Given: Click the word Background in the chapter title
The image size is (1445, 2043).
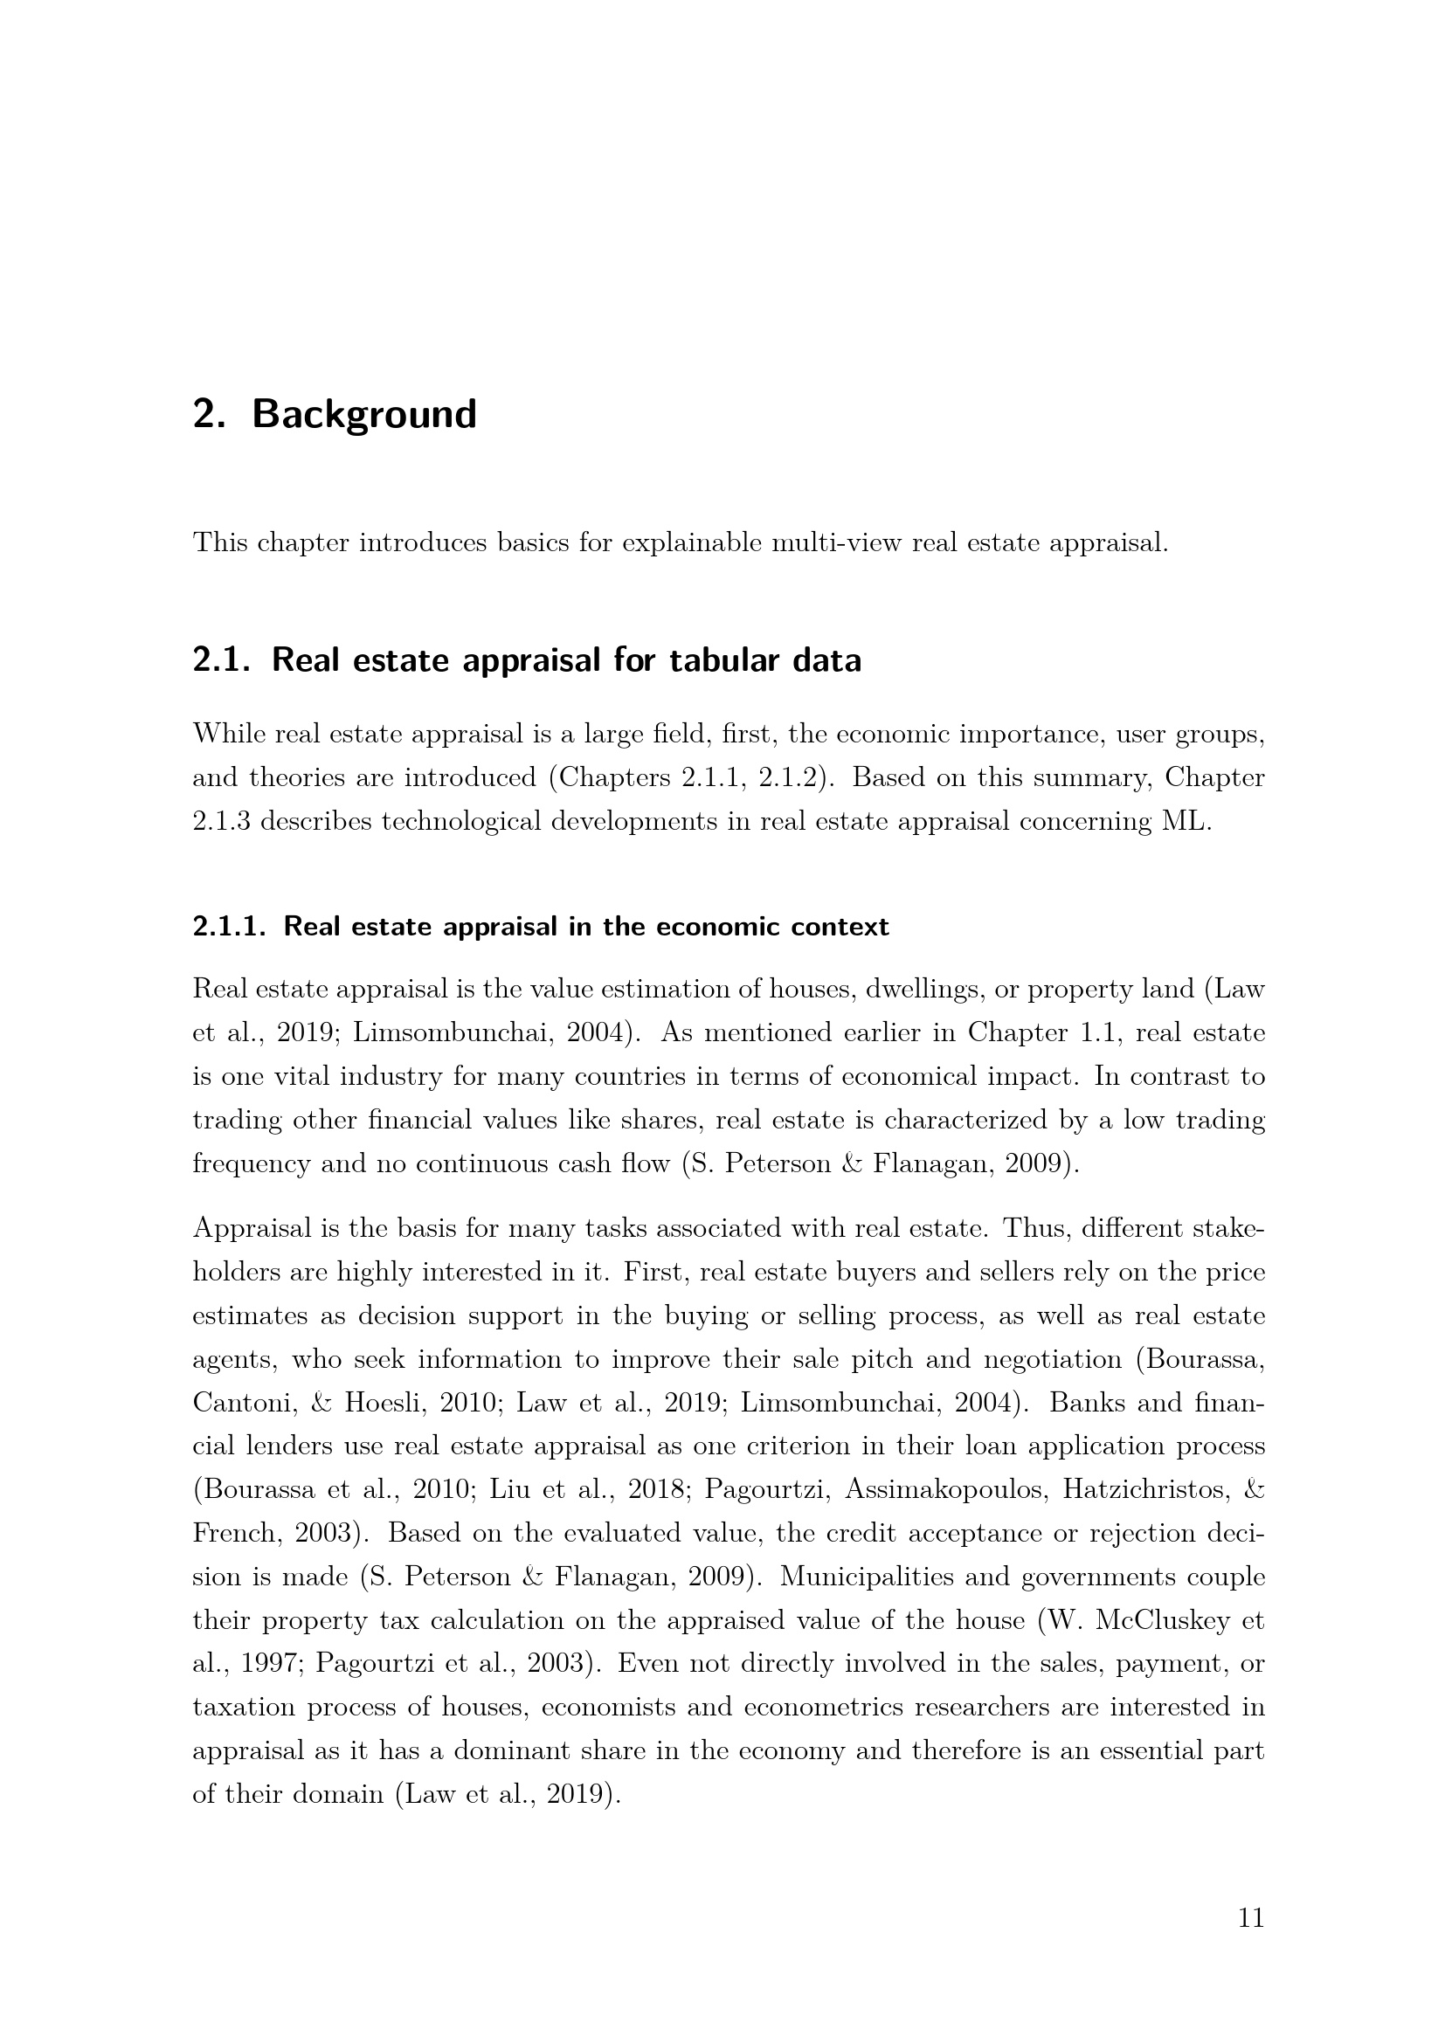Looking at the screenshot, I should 364,415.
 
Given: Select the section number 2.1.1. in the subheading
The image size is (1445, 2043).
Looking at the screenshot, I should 230,928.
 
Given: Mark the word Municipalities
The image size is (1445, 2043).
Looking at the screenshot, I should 888,1577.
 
